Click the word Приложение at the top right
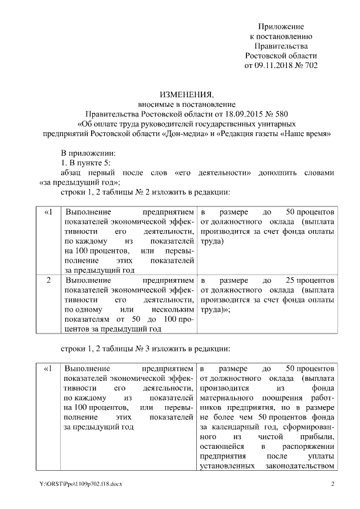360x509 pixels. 281,26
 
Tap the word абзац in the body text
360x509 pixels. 72,173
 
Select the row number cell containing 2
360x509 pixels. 48,280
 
